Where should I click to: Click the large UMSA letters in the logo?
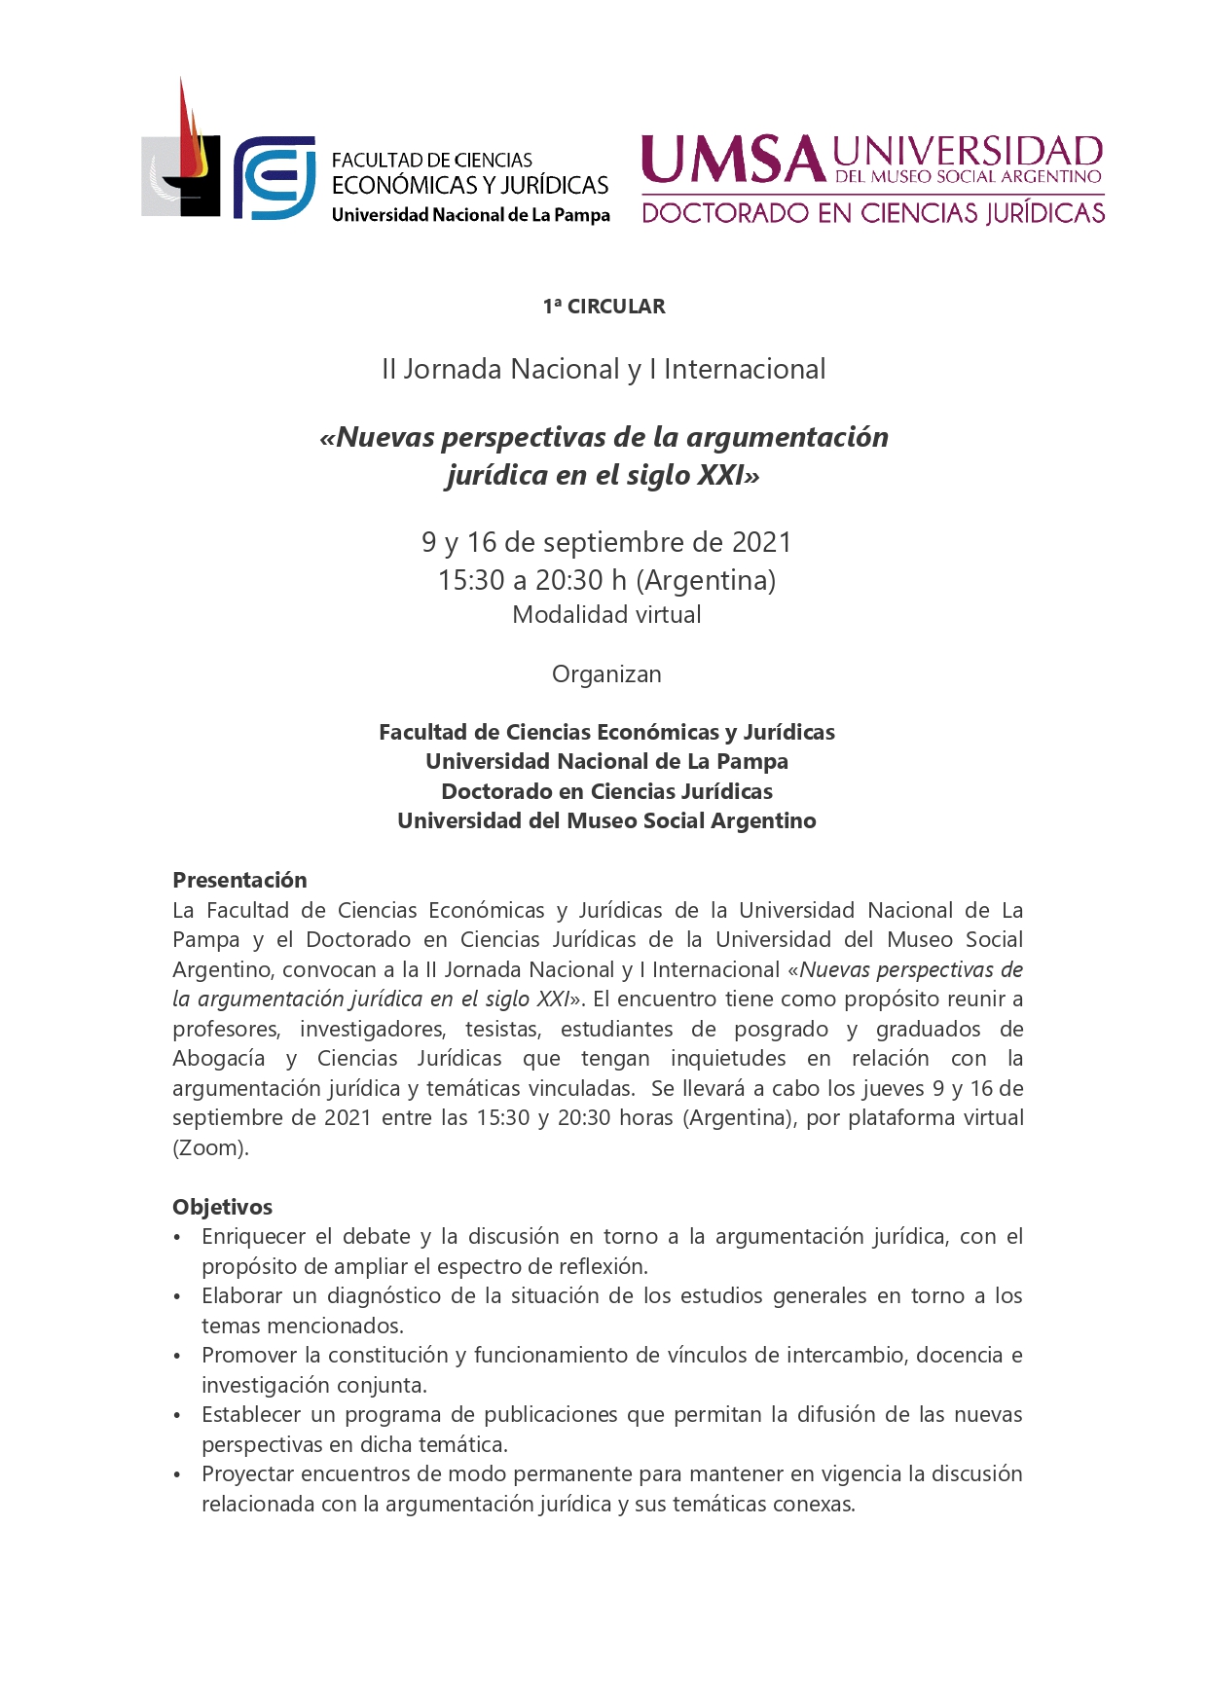[x=732, y=161]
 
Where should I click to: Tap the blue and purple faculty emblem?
[x=274, y=178]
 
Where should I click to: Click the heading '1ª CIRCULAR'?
[x=604, y=307]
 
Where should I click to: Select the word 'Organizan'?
[x=605, y=674]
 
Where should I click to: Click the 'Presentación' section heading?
[x=239, y=880]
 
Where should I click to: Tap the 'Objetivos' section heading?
[x=222, y=1207]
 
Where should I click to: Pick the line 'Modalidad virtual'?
[x=606, y=615]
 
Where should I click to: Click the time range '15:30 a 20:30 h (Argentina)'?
[x=606, y=580]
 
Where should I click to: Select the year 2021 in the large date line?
[x=761, y=542]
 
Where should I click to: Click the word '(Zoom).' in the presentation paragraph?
[x=210, y=1147]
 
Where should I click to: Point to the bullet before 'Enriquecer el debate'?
[x=177, y=1238]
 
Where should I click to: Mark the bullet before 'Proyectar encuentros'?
[x=177, y=1475]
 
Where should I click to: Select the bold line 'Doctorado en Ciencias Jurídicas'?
[x=606, y=791]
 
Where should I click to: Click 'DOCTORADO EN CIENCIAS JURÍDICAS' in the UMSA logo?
[x=873, y=212]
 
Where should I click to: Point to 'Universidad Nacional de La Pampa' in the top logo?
[x=470, y=215]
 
